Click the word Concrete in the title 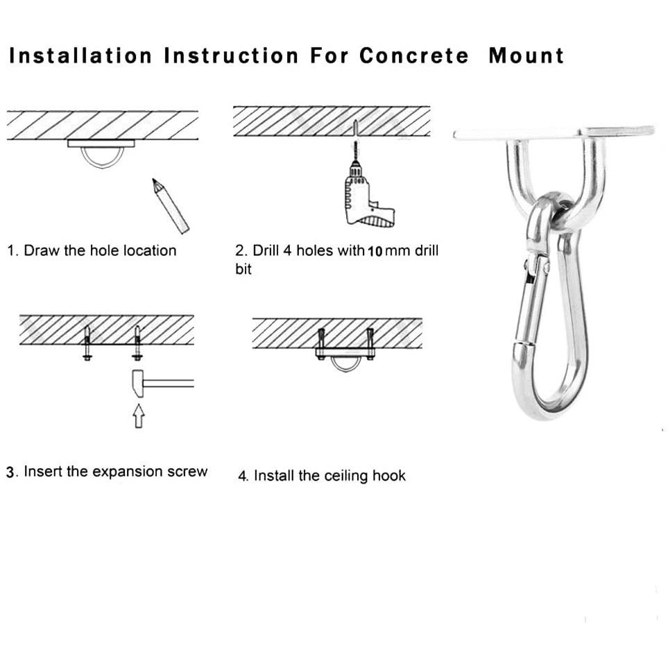[x=413, y=56]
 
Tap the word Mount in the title [x=526, y=56]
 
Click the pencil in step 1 [x=171, y=205]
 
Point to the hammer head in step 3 [x=137, y=384]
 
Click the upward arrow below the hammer [x=139, y=416]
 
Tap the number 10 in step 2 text [x=375, y=251]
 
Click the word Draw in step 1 [x=42, y=250]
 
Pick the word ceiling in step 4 [x=335, y=476]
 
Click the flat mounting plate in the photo [x=555, y=132]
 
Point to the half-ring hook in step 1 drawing [x=101, y=157]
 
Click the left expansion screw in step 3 [x=87, y=343]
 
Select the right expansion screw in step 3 [x=137, y=343]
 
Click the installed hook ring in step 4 [x=345, y=364]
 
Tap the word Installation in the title [x=80, y=56]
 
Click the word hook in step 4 [x=389, y=476]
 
